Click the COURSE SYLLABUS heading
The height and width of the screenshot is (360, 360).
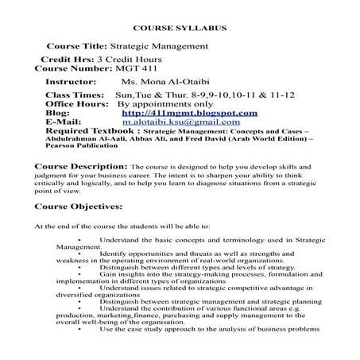click(x=180, y=29)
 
